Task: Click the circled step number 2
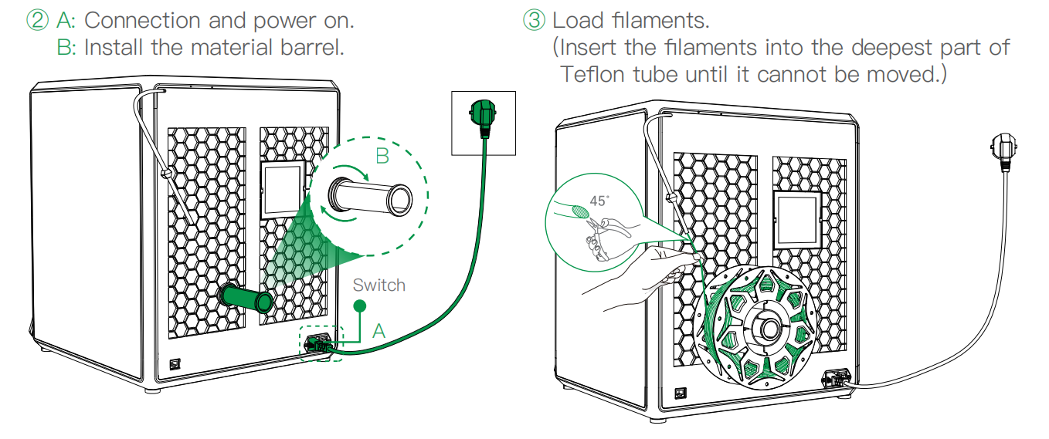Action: (37, 19)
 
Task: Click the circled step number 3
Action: (534, 19)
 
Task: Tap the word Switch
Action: (379, 285)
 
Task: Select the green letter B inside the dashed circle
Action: (382, 156)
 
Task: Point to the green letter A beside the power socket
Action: (378, 331)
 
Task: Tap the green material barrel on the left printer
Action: (245, 297)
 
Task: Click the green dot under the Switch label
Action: (359, 306)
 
